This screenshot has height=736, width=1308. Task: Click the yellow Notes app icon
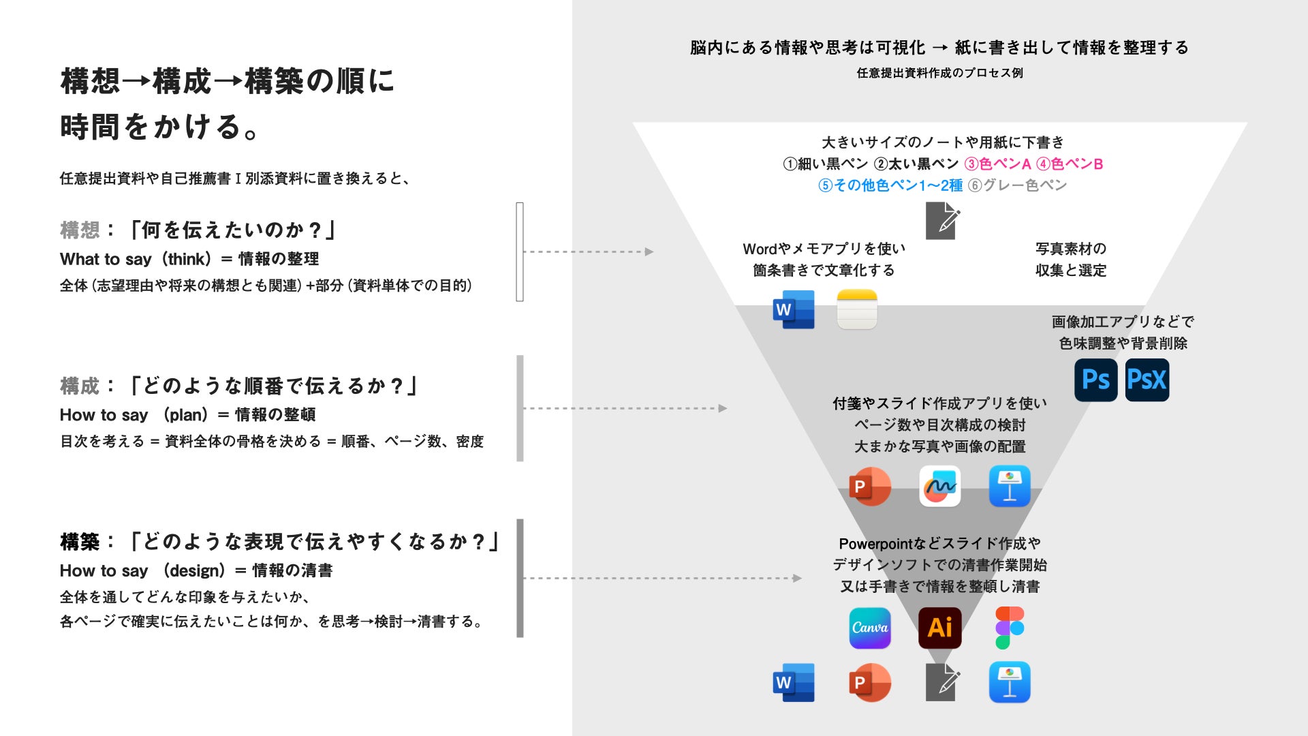click(857, 309)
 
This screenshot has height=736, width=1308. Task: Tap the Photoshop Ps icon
click(1095, 380)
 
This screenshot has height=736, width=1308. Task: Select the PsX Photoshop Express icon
click(1147, 380)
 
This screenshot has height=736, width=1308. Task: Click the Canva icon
click(870, 628)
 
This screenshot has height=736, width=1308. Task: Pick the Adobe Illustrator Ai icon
click(940, 628)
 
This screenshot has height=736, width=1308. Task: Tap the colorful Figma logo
click(1010, 628)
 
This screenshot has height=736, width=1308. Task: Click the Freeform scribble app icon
click(940, 487)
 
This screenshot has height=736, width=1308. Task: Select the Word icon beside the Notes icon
click(794, 309)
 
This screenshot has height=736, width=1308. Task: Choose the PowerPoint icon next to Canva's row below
click(870, 682)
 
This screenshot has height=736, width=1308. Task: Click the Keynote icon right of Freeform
click(1010, 487)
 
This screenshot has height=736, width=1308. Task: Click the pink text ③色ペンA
click(997, 164)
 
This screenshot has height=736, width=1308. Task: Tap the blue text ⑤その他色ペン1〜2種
click(890, 185)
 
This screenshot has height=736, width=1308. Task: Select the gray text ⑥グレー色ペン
click(1017, 185)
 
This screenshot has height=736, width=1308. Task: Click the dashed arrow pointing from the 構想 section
click(588, 251)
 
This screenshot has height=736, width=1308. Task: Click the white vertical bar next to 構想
click(520, 251)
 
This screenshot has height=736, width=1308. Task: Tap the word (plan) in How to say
click(185, 415)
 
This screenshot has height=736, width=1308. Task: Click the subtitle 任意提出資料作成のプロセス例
click(939, 73)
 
